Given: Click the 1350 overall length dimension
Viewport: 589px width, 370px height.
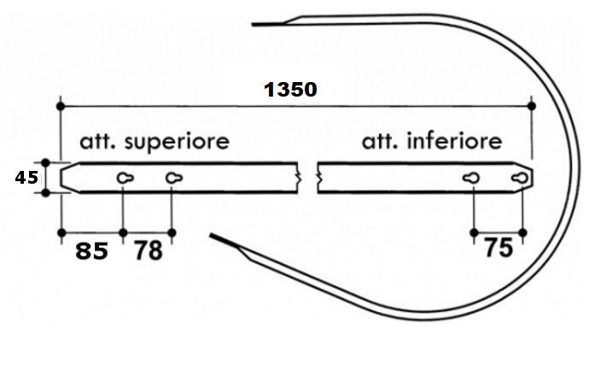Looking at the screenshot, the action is (290, 90).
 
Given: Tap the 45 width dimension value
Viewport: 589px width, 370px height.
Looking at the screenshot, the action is (26, 178).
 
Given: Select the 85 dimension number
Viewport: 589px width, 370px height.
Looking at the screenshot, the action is (91, 251).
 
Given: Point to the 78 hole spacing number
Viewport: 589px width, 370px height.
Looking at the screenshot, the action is (149, 251).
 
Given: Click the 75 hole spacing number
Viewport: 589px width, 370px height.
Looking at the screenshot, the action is (499, 248).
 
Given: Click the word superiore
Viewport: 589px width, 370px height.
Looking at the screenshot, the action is (177, 143).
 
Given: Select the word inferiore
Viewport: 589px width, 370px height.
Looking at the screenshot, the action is (454, 141).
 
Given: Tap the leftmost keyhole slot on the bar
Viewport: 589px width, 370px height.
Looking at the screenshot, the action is (125, 178).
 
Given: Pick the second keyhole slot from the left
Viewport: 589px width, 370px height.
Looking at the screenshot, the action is (174, 178).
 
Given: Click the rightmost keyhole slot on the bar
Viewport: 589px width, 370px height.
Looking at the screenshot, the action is (520, 178).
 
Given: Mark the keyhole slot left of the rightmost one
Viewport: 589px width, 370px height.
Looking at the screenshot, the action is (471, 178).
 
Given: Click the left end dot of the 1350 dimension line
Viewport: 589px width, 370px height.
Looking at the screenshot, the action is (61, 107).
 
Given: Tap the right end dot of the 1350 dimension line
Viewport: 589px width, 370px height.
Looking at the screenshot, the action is (532, 106).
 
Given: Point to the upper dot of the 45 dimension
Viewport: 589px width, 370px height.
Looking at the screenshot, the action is (45, 163).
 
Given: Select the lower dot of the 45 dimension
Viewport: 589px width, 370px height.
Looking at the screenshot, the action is (45, 193).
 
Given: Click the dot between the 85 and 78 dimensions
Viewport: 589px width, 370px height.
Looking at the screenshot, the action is (123, 233).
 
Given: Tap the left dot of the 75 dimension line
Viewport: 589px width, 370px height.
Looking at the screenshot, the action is (474, 233).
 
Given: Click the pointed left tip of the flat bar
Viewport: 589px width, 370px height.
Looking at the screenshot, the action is (61, 178).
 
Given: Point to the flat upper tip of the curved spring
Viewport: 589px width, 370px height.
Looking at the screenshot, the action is (253, 25).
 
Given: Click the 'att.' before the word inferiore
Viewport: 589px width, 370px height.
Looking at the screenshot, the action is (379, 142).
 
